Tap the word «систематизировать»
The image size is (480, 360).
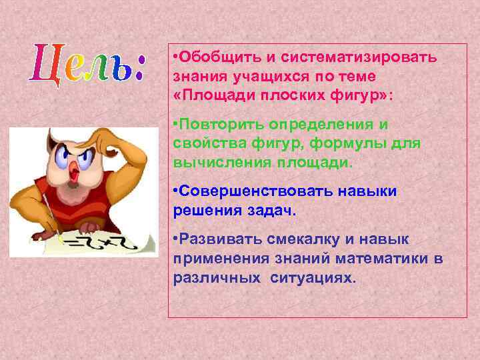coord(353,57)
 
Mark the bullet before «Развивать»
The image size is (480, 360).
coord(175,239)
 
